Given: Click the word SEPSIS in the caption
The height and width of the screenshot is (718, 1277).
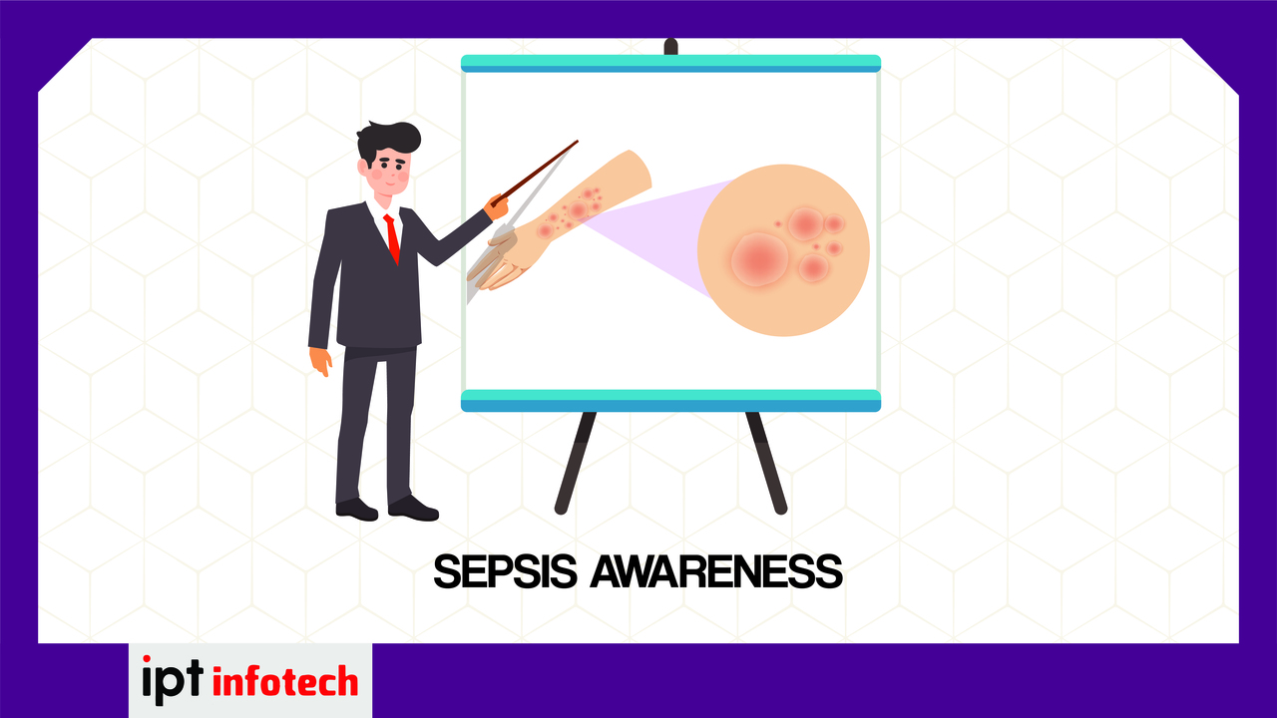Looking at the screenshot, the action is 505,571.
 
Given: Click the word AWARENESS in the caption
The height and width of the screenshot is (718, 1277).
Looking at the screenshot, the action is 716,571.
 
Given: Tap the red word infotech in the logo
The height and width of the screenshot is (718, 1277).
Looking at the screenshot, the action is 285,681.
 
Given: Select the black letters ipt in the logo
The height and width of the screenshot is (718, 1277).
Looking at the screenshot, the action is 173,680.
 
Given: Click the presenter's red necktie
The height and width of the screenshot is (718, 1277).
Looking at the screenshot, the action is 392,238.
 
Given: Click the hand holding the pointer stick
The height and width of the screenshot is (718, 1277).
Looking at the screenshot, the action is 497,206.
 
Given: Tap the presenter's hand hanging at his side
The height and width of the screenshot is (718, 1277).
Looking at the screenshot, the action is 320,361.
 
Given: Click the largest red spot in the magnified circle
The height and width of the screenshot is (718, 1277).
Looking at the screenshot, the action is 759,259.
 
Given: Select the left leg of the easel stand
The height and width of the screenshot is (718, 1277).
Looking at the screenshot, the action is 576,463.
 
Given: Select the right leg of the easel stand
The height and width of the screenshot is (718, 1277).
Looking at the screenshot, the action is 767,463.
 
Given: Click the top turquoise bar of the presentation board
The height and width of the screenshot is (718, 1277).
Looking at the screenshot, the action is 670,63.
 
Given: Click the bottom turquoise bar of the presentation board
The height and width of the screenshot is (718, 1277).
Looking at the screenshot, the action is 670,400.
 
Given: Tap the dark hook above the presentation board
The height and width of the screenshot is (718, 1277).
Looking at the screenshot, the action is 671,46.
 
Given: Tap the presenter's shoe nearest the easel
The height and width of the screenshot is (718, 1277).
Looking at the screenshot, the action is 413,509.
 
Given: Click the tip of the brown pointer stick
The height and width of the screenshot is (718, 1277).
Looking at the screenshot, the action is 577,142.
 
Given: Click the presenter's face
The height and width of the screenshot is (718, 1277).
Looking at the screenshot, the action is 389,170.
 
